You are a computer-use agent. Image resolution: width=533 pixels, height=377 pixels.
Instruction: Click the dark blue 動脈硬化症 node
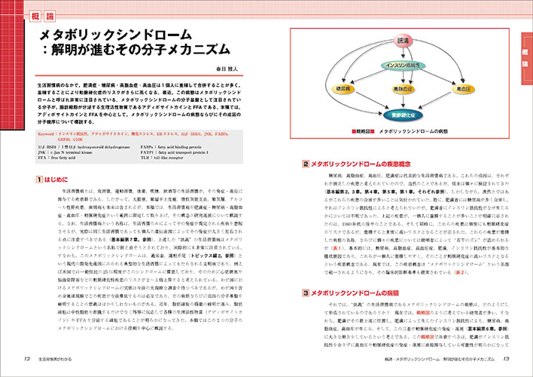(x=402, y=115)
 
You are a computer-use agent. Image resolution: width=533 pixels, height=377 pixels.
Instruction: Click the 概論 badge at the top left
(x=41, y=15)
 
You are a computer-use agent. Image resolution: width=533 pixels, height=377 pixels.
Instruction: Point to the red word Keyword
(x=47, y=133)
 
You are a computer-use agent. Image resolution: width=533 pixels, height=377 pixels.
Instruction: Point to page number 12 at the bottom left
(x=27, y=358)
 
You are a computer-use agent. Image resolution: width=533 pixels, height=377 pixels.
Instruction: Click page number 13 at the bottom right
(x=507, y=358)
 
